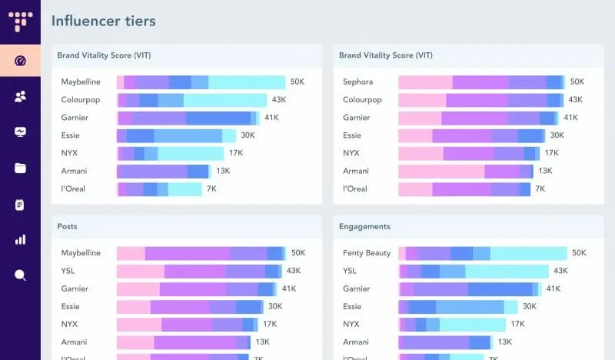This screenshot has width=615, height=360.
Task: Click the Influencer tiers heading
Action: point(104,21)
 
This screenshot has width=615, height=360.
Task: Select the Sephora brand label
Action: point(358,82)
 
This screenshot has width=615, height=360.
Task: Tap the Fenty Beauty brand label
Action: point(367,253)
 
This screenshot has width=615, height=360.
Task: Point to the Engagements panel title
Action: point(364,227)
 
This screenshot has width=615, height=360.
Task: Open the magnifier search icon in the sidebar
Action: point(20,275)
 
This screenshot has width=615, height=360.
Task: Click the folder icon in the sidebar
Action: point(20,168)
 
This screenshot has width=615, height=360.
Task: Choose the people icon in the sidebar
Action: point(20,96)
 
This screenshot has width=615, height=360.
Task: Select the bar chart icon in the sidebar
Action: point(20,239)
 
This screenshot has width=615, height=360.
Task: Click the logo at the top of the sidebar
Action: point(20,21)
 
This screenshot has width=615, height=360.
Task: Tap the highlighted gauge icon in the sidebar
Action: point(20,60)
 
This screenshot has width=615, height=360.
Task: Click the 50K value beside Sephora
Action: point(577,82)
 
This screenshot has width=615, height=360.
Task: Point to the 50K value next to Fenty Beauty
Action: point(579,253)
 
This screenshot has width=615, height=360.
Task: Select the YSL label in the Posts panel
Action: point(69,271)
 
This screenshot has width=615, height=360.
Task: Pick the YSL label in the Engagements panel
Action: point(350,271)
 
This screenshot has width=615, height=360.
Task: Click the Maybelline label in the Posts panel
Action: point(81,253)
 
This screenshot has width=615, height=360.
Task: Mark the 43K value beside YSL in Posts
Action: point(294,271)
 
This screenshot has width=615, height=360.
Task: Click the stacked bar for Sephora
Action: point(481,82)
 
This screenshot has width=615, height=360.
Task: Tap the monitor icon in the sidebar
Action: point(20,132)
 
